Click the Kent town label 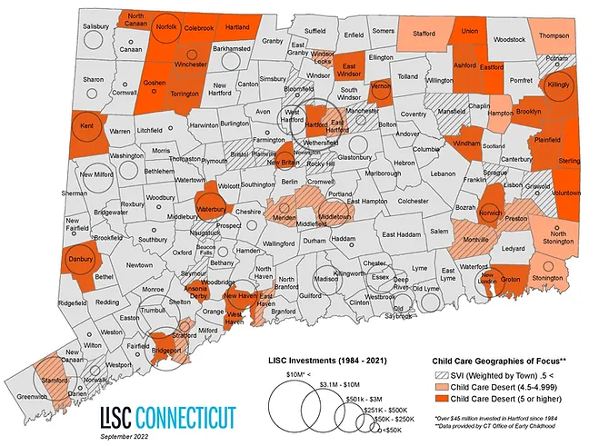click(x=87, y=125)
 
